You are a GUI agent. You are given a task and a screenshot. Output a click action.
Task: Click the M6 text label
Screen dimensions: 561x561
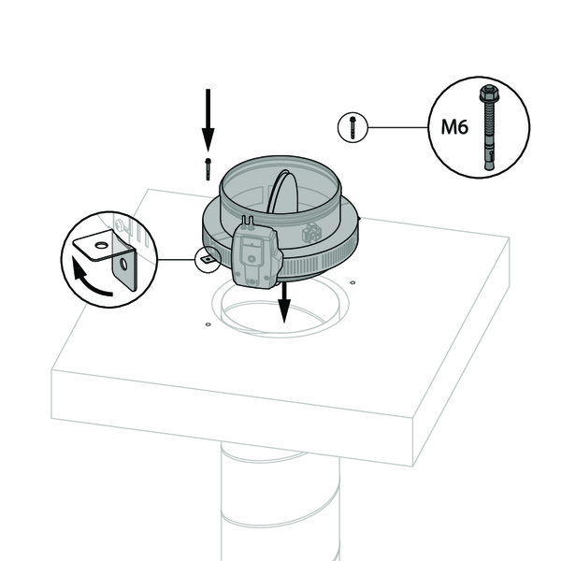click(x=454, y=126)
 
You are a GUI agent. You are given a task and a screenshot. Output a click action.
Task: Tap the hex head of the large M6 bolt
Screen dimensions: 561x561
click(x=488, y=93)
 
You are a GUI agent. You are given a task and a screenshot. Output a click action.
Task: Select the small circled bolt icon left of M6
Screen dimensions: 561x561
click(x=352, y=127)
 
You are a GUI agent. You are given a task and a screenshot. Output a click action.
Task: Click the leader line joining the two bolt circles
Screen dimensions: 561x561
click(x=398, y=127)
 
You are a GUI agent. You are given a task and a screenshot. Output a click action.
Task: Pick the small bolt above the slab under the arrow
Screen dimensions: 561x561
click(x=208, y=169)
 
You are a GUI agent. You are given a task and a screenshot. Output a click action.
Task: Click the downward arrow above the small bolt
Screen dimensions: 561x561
click(x=208, y=120)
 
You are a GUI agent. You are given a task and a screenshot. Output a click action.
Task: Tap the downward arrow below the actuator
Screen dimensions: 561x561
click(x=284, y=302)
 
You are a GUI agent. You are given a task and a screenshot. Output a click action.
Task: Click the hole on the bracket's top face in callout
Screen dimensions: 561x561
click(x=102, y=246)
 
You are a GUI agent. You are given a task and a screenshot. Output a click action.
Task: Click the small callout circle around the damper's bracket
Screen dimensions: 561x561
click(x=209, y=259)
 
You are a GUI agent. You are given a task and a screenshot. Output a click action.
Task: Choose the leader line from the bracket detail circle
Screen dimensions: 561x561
click(x=176, y=259)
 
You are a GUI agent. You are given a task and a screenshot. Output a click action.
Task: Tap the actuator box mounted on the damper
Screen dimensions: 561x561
click(x=255, y=257)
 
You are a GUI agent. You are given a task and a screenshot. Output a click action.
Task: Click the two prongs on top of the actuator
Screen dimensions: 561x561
click(x=248, y=221)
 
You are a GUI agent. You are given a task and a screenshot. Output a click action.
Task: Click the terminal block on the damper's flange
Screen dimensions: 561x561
click(x=312, y=231)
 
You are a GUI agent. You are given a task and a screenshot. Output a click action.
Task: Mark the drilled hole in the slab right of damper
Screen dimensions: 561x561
click(x=352, y=282)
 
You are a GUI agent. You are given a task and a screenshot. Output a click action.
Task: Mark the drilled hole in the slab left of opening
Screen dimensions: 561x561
click(x=208, y=324)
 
